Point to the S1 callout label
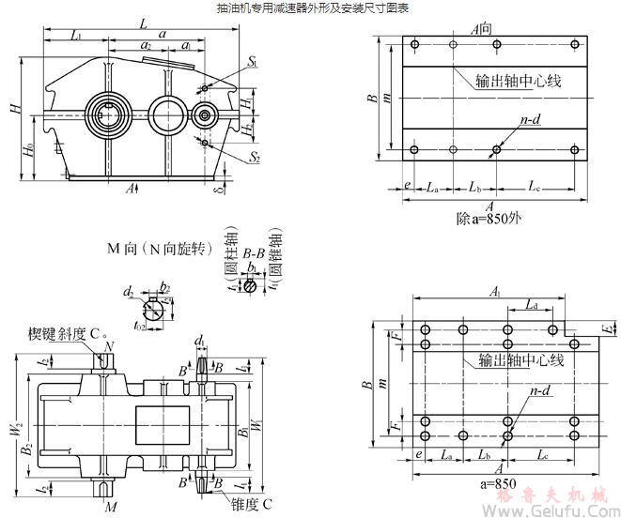[x=254, y=61]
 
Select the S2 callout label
[x=255, y=158]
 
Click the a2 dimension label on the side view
[x=146, y=44]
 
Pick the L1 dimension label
[x=76, y=36]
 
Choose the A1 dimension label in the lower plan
[x=494, y=292]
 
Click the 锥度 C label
[x=256, y=504]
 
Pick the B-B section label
[x=253, y=253]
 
